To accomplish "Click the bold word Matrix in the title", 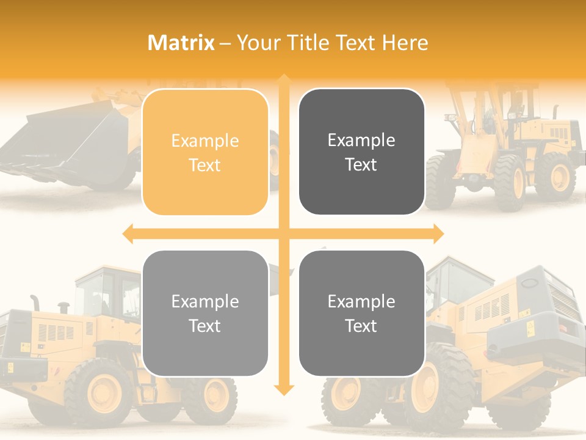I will click(181, 43).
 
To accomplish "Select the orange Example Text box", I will click(205, 152).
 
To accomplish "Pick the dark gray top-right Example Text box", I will click(361, 152).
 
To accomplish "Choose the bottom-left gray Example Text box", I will click(205, 313).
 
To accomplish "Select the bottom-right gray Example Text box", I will click(361, 313).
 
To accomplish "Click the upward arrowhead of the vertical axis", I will click(284, 79).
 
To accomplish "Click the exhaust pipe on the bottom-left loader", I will click(35, 302).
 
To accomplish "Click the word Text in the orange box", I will click(205, 165).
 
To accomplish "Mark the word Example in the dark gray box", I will click(361, 141).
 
